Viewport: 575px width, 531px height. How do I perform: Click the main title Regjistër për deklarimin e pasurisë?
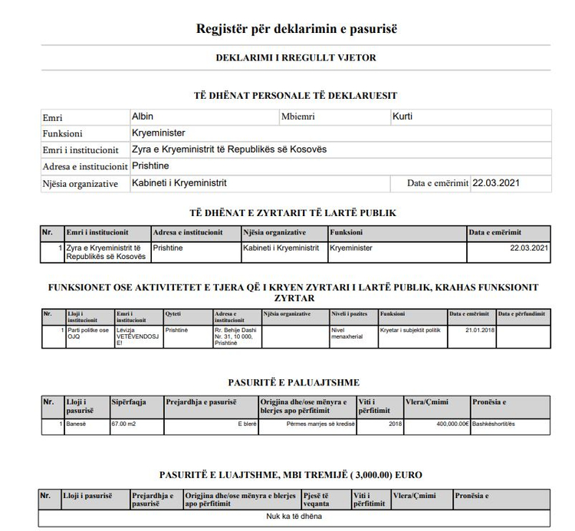click(296, 30)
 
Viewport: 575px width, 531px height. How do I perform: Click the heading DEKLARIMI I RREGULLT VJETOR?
click(296, 57)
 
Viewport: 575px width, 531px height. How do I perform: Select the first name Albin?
click(143, 116)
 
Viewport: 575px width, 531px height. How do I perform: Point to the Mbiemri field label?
click(299, 117)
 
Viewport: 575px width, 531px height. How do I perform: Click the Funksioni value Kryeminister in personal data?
click(159, 133)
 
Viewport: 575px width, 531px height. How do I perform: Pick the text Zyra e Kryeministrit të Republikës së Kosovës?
click(229, 149)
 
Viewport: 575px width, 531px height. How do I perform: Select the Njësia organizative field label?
click(80, 184)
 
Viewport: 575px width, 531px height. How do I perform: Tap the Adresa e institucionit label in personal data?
click(85, 166)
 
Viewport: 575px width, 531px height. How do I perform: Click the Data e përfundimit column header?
click(523, 313)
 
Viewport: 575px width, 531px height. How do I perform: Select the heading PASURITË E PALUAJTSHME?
click(294, 382)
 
